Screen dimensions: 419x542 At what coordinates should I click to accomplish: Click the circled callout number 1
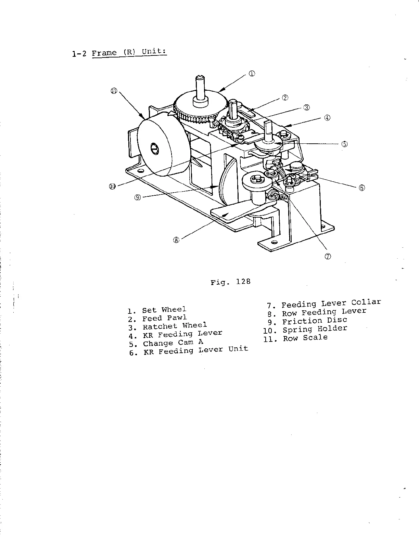(x=252, y=73)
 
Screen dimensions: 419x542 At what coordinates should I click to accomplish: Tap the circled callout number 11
(x=114, y=91)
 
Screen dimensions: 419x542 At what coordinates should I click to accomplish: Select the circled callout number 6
(x=362, y=187)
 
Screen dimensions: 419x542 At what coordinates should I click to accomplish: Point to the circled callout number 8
(x=176, y=240)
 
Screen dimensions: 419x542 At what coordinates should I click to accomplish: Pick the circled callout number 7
(x=328, y=257)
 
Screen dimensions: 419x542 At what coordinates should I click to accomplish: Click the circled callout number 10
(x=112, y=186)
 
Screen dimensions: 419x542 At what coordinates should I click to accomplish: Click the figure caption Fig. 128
(x=230, y=282)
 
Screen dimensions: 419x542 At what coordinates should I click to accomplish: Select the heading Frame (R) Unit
(x=129, y=52)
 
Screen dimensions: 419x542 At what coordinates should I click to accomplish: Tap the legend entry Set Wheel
(x=164, y=310)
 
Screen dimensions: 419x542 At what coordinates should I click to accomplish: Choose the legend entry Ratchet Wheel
(x=175, y=326)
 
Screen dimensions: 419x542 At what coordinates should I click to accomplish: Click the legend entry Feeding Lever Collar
(x=331, y=304)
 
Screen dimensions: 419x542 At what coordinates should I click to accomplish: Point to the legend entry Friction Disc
(x=314, y=321)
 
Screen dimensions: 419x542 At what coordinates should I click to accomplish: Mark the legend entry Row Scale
(x=305, y=338)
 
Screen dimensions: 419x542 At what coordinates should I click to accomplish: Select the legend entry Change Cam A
(x=173, y=343)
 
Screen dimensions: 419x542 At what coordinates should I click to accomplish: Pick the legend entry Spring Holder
(x=314, y=329)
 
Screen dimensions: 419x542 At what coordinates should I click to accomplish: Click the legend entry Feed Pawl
(x=164, y=318)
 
